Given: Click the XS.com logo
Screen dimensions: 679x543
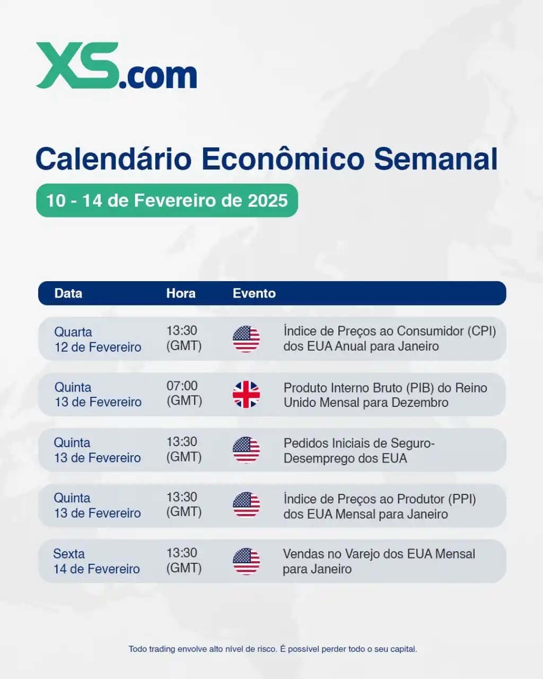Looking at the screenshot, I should pyautogui.click(x=116, y=66).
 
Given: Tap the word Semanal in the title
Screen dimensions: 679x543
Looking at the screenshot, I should pyautogui.click(x=436, y=159).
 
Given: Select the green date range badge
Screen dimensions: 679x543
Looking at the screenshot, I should pyautogui.click(x=167, y=201).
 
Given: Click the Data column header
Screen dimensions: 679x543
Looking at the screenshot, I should pyautogui.click(x=68, y=293).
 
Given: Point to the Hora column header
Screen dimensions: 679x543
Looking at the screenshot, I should pyautogui.click(x=181, y=293).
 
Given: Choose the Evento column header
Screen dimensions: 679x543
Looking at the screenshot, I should pyautogui.click(x=254, y=293).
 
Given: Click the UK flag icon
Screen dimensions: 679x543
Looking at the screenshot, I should pyautogui.click(x=246, y=395).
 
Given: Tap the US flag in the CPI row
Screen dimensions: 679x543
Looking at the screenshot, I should pyautogui.click(x=246, y=339).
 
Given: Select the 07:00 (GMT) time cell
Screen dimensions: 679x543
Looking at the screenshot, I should pyautogui.click(x=184, y=393).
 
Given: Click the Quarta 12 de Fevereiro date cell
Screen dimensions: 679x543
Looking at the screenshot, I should pyautogui.click(x=98, y=339).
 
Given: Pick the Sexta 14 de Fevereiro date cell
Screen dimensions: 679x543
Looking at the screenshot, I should pyautogui.click(x=97, y=561).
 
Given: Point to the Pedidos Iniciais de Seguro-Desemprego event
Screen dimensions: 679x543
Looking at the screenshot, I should pyautogui.click(x=359, y=450).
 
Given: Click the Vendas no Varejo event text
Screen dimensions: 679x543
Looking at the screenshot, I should pyautogui.click(x=379, y=561).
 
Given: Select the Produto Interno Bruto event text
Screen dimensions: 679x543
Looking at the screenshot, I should pyautogui.click(x=385, y=395).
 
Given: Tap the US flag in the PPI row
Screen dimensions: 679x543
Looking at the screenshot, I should pyautogui.click(x=246, y=506).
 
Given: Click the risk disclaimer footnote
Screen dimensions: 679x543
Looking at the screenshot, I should pyautogui.click(x=273, y=649).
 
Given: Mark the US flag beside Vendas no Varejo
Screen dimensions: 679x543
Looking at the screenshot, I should pyautogui.click(x=246, y=561).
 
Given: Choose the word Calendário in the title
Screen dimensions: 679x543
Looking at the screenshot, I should pyautogui.click(x=113, y=159).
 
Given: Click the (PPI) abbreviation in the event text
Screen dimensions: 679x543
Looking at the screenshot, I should pyautogui.click(x=462, y=499).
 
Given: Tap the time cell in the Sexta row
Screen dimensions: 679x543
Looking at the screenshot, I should pyautogui.click(x=184, y=560).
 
